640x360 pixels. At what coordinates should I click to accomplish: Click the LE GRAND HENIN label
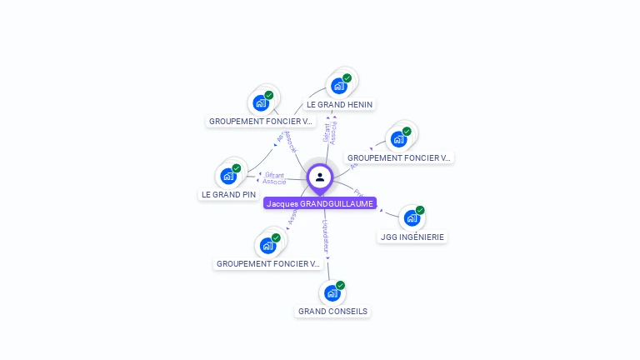tap(340, 105)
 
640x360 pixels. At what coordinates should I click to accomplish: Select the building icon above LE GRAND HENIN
tap(338, 86)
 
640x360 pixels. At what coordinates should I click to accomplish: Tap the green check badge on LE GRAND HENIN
tap(347, 78)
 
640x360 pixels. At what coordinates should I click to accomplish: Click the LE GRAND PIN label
tap(228, 195)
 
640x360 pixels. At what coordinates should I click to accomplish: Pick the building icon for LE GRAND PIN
tap(227, 177)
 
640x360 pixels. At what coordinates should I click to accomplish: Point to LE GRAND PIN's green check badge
tap(237, 168)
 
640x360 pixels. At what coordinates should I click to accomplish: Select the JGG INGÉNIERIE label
tap(412, 237)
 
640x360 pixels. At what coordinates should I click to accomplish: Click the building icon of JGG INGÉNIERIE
tap(411, 218)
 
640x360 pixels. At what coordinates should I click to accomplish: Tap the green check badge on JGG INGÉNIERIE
tap(420, 210)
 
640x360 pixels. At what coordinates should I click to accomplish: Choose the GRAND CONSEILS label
tap(332, 312)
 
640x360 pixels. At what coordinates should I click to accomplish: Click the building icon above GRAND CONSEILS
tap(332, 293)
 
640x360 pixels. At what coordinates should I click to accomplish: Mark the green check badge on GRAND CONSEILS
tap(340, 285)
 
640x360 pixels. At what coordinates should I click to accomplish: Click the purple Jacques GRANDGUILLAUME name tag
tap(320, 203)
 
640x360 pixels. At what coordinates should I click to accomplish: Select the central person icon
tap(320, 177)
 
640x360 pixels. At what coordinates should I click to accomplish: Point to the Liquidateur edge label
tap(326, 237)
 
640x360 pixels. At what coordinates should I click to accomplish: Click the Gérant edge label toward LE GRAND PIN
tap(275, 175)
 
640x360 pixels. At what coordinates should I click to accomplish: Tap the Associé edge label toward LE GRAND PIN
tap(274, 182)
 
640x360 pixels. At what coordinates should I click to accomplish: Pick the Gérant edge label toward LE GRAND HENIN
tap(327, 132)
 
